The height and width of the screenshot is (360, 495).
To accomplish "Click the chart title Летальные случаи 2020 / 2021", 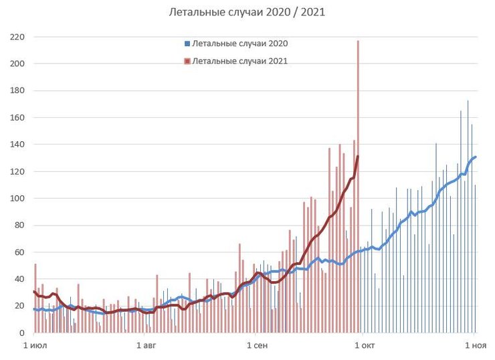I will click(248, 12).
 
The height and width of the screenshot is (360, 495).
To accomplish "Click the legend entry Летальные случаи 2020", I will click(239, 43).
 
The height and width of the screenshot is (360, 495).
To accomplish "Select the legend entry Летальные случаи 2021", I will click(239, 61).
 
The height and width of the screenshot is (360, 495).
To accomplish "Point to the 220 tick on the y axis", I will click(17, 37).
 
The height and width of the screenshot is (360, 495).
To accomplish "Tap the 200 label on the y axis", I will click(17, 64).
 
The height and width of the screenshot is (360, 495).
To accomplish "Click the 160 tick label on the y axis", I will click(17, 118).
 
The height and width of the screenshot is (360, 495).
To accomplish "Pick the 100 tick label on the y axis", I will click(17, 199).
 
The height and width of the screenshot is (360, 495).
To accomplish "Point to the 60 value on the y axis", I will click(19, 252).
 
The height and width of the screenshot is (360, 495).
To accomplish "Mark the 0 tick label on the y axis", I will click(21, 333).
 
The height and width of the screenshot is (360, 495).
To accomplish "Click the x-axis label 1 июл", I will click(35, 346).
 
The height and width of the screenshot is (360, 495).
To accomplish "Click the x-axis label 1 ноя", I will click(474, 346).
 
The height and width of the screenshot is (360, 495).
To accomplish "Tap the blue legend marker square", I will click(187, 43).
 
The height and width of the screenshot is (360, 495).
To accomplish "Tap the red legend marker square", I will click(187, 61).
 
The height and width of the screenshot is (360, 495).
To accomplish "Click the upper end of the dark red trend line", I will click(358, 157).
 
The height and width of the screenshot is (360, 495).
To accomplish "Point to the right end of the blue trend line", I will click(475, 157).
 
